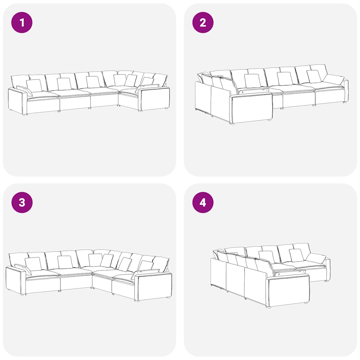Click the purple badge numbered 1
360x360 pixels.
coord(22,22)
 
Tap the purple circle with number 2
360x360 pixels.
coord(203,22)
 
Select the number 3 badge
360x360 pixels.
coord(22,202)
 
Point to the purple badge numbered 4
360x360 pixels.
coord(203,202)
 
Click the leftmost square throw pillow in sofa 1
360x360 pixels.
coord(34,85)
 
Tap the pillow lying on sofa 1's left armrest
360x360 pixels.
coord(25,91)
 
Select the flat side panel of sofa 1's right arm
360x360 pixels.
coord(155,99)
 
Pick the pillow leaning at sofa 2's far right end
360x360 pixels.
coord(334,79)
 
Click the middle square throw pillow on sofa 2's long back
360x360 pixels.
coord(285,78)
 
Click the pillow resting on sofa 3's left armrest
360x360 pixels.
coord(23,269)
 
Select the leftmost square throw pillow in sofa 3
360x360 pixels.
coord(33,264)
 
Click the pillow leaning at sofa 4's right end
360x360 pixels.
coord(316,258)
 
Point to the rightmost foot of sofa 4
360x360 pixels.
coord(326,281)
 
